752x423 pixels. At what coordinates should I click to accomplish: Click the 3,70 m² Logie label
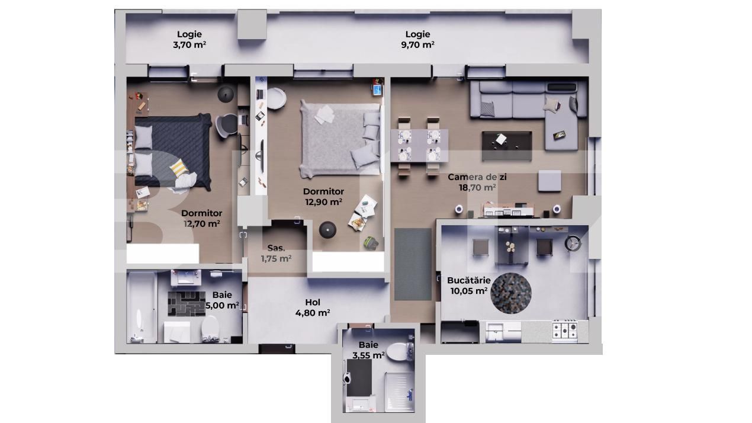click(189, 40)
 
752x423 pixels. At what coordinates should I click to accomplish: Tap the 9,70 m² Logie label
click(417, 40)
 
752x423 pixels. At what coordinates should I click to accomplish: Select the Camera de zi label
click(477, 182)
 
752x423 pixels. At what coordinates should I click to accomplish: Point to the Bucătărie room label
click(468, 285)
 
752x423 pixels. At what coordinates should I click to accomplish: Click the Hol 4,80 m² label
click(313, 307)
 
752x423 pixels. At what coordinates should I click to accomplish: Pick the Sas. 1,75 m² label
click(276, 254)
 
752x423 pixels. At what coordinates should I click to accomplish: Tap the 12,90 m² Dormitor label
click(323, 197)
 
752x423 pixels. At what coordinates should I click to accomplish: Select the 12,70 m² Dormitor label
click(202, 219)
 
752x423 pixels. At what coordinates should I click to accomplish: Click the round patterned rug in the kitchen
click(511, 292)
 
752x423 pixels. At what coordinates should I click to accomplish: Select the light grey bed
click(338, 137)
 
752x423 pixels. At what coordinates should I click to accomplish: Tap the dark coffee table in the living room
click(506, 146)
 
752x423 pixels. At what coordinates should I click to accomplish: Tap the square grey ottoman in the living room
click(549, 180)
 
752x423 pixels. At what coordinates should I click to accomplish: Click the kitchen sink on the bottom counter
click(494, 332)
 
